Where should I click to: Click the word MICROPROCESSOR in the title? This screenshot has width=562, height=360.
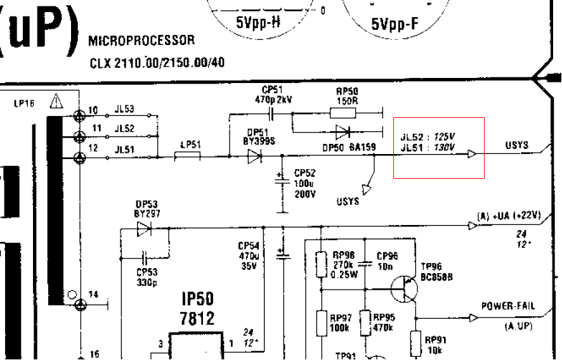[x=141, y=41]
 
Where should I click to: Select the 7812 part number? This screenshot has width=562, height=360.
[x=197, y=318]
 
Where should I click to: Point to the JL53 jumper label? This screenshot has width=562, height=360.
[x=124, y=110]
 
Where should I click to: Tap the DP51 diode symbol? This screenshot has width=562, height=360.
[x=255, y=156]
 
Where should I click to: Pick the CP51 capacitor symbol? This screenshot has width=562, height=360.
[x=272, y=114]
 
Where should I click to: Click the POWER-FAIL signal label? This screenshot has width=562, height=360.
[x=507, y=306]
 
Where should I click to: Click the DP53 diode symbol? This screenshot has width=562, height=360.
[x=145, y=229]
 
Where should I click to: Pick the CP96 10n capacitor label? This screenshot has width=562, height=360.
[x=386, y=260]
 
